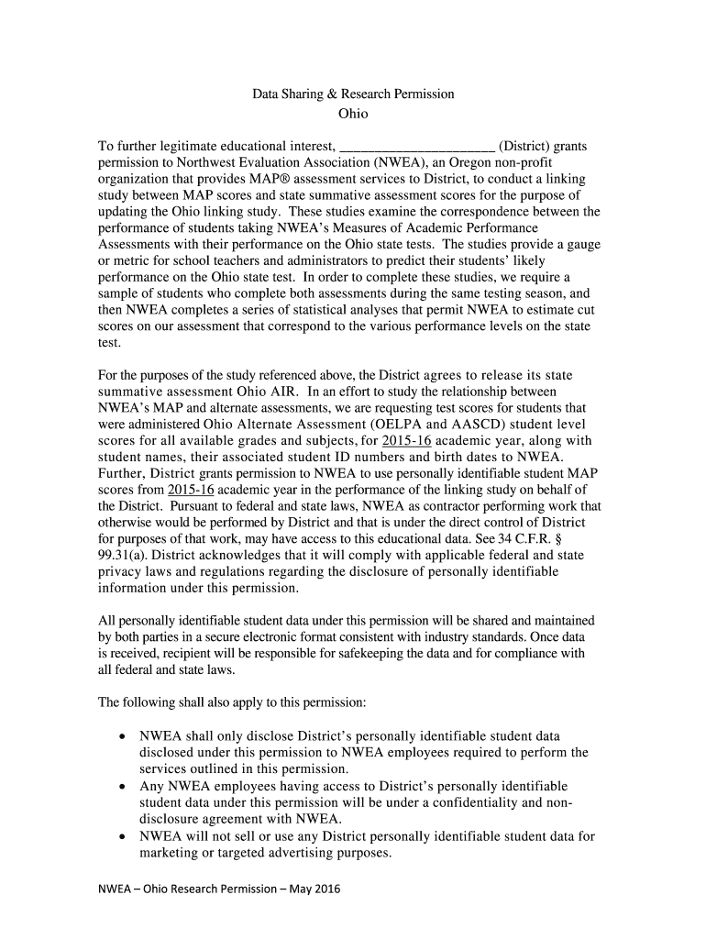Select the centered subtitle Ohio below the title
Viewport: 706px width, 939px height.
click(x=353, y=114)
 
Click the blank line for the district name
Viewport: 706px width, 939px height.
click(x=417, y=147)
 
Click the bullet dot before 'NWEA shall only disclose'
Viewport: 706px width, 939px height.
click(x=123, y=736)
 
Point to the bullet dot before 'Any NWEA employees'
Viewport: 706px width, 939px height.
click(x=123, y=786)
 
